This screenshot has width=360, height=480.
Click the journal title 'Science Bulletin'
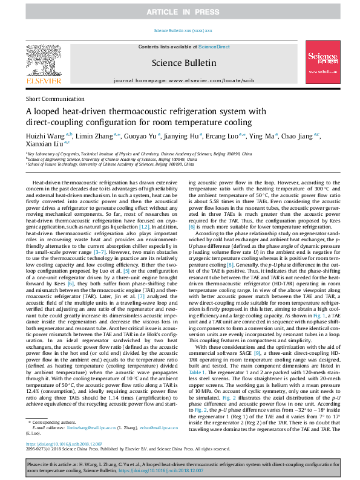[x=183, y=62]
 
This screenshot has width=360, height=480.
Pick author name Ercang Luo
[x=220, y=134]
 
